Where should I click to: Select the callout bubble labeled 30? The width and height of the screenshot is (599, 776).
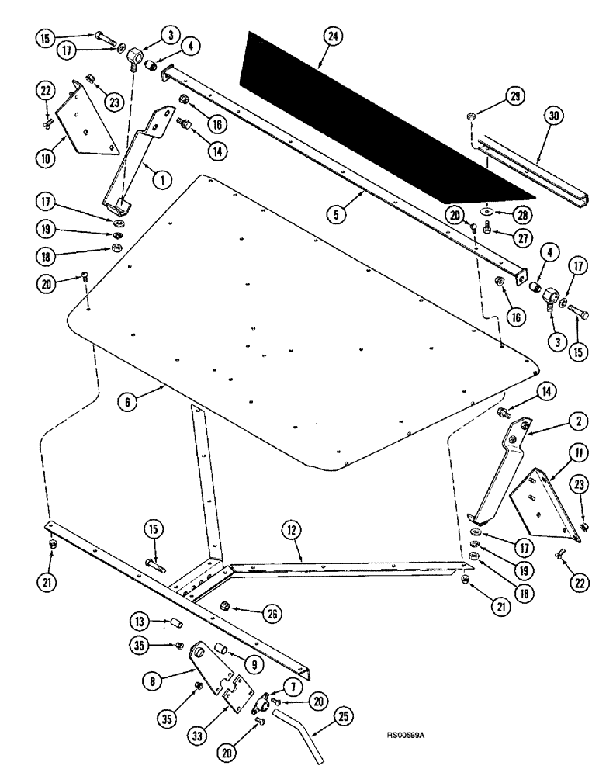coord(552,116)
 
